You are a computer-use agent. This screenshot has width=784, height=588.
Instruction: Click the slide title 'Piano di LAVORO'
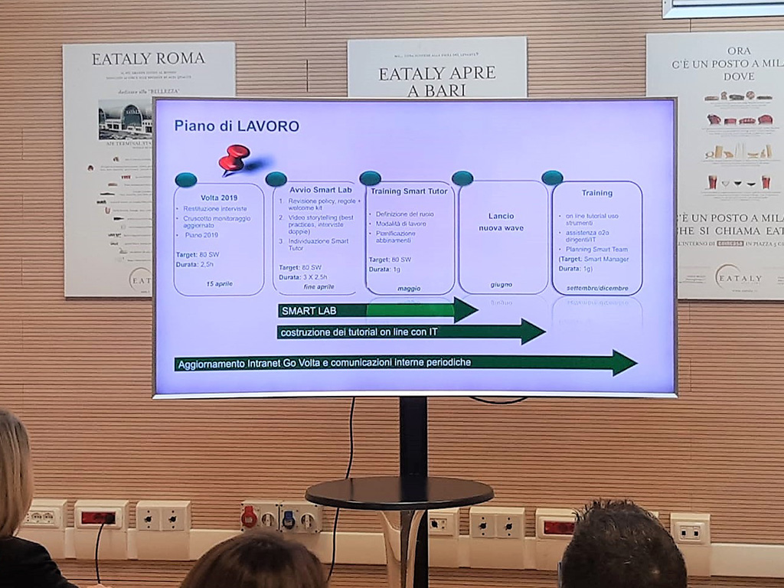(x=236, y=126)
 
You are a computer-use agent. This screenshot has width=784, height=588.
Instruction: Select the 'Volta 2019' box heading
(x=219, y=197)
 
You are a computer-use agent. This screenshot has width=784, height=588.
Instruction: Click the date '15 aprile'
(x=219, y=283)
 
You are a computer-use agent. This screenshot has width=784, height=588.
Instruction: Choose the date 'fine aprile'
(x=319, y=286)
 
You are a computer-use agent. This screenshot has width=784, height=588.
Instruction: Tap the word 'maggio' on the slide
(x=409, y=288)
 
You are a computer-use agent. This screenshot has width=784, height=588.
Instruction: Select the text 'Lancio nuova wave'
(x=501, y=222)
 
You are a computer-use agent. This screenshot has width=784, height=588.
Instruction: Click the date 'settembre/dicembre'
(x=597, y=288)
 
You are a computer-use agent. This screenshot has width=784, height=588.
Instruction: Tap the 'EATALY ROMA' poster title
(x=149, y=59)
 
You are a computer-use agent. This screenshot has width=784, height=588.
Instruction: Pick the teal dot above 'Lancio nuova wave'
(x=462, y=178)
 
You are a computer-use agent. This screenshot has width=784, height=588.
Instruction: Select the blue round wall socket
(x=289, y=519)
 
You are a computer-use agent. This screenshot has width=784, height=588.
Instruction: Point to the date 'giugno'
(x=501, y=285)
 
